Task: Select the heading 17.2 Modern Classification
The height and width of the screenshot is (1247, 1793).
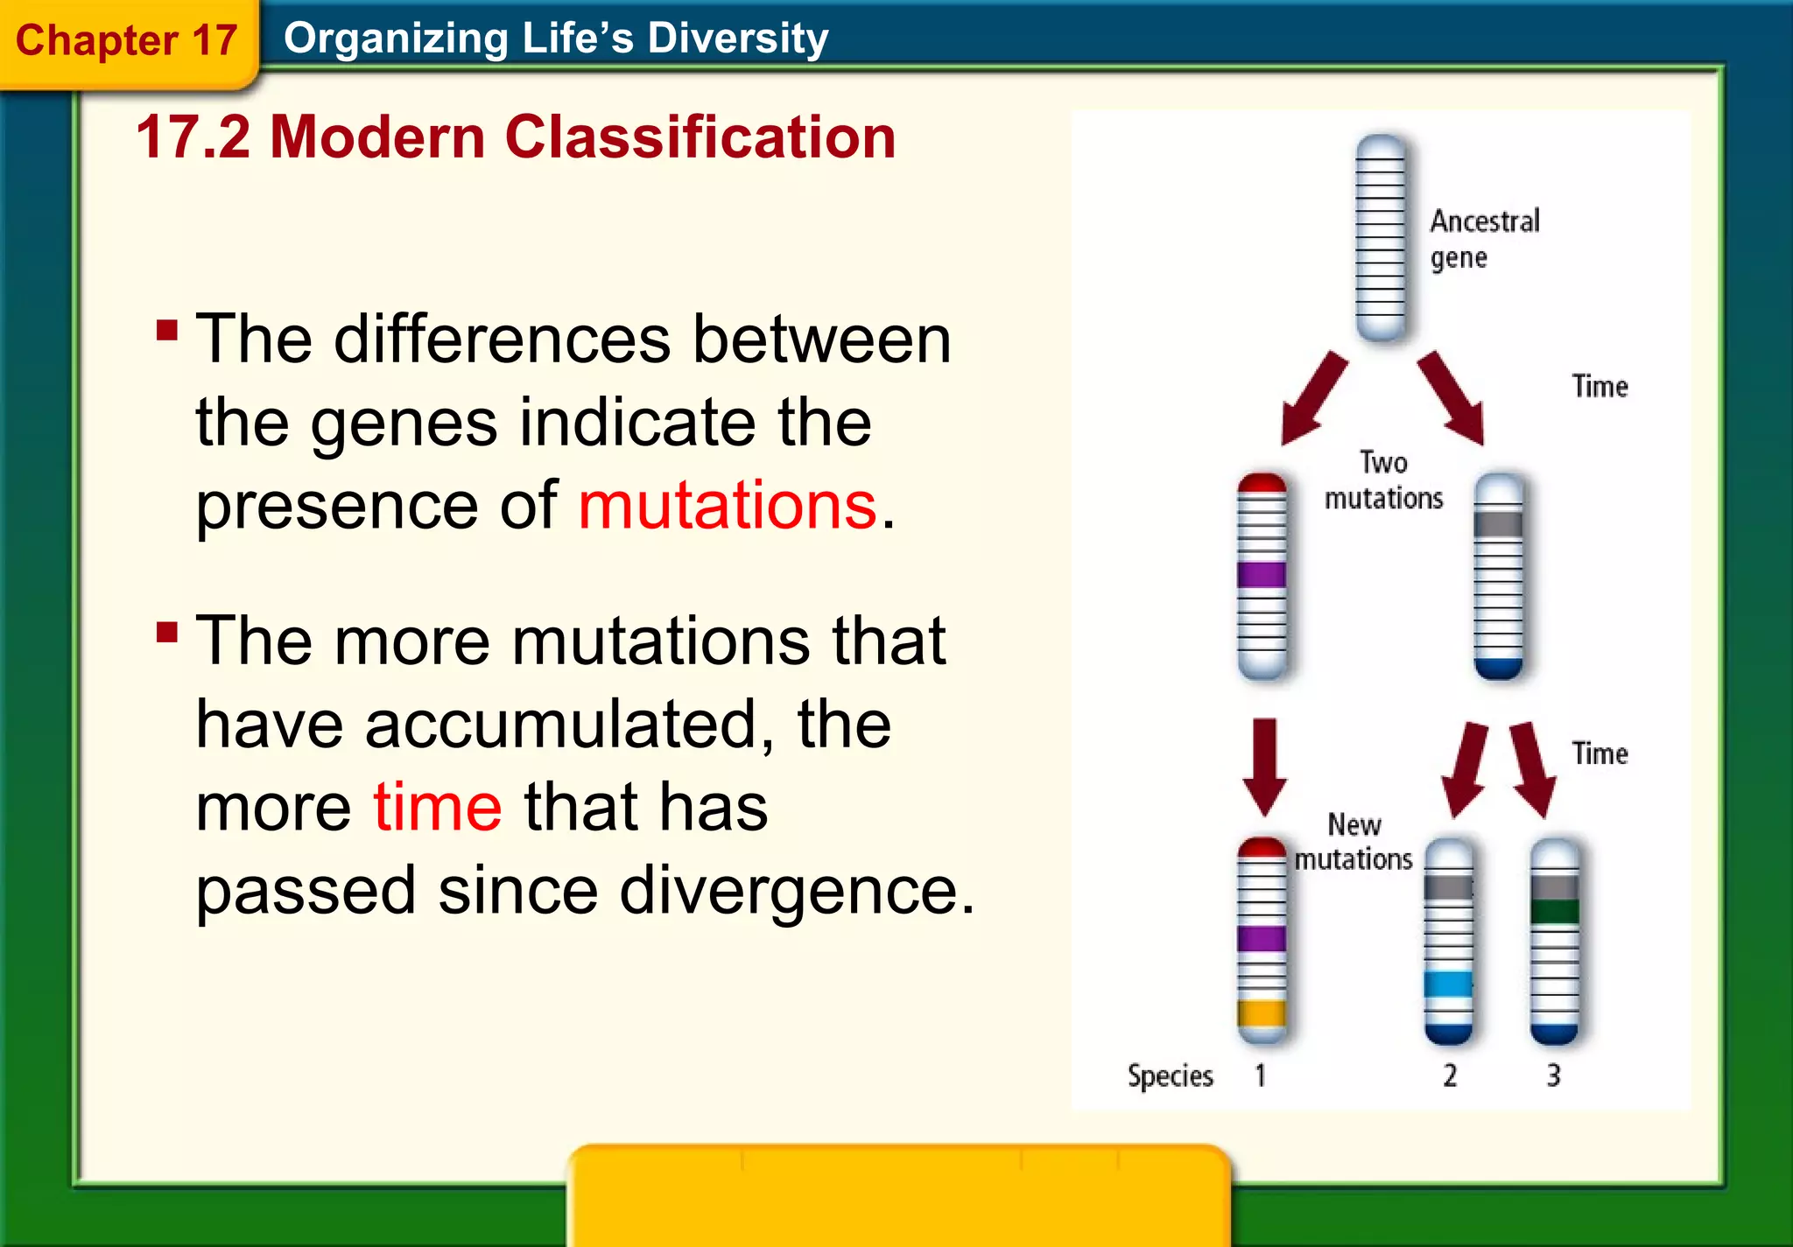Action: (516, 137)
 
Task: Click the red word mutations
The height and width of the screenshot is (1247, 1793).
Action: (727, 506)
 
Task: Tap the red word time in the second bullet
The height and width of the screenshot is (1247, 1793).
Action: (437, 807)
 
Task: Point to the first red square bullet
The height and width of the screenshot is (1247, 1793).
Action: (167, 331)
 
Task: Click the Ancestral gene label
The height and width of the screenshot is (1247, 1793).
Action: (1483, 239)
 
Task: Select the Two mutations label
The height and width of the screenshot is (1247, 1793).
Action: (1383, 480)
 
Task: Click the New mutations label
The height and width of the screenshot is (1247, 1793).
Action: (1354, 842)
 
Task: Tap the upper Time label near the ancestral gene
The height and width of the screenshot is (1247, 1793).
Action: (1600, 386)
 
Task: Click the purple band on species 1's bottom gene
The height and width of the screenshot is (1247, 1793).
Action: (1262, 939)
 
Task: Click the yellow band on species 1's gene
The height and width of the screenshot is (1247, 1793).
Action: (1262, 1013)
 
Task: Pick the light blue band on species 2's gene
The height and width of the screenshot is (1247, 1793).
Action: (1448, 984)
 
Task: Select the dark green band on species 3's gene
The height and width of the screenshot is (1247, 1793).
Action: (1554, 912)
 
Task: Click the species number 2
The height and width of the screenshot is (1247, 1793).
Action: (1450, 1075)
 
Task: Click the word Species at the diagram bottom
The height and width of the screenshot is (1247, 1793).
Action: (1170, 1075)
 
